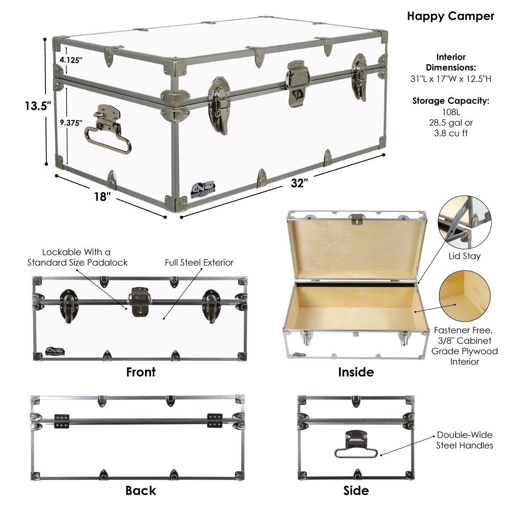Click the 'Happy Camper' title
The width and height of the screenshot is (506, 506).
click(x=450, y=16)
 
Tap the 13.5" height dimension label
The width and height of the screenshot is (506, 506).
click(x=38, y=105)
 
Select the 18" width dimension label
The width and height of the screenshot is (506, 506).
click(x=102, y=196)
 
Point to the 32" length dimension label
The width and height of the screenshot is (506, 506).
click(x=299, y=183)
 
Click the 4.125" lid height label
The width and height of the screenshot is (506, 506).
click(x=71, y=60)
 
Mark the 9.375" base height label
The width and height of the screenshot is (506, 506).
click(x=71, y=122)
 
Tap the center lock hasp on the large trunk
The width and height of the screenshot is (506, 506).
click(x=298, y=83)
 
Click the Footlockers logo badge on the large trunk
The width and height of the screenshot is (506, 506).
click(x=203, y=189)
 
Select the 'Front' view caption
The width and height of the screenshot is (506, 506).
click(x=141, y=372)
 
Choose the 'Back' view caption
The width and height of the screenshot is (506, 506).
click(x=141, y=490)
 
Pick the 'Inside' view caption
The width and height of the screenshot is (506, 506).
click(x=356, y=372)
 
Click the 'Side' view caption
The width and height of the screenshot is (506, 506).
click(x=356, y=490)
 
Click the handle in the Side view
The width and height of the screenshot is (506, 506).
click(x=356, y=444)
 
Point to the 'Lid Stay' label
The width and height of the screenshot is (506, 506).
click(x=465, y=256)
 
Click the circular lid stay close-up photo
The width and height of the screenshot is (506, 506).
click(x=465, y=222)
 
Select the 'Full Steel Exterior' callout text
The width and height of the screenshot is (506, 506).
click(x=199, y=262)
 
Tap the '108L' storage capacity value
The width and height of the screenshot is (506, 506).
click(x=451, y=112)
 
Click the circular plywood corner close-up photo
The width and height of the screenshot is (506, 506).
click(x=465, y=296)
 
